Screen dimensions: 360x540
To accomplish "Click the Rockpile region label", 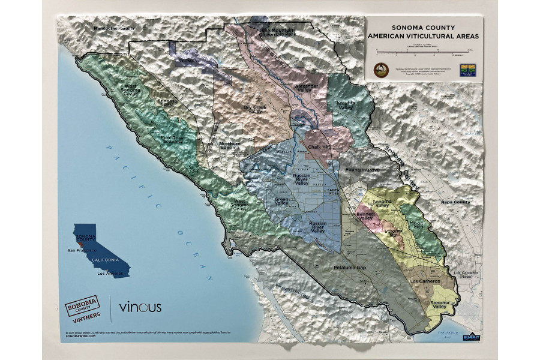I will (x=188, y=61).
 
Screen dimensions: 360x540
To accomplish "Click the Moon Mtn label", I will (x=416, y=225).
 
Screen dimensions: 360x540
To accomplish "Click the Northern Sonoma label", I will (x=229, y=146).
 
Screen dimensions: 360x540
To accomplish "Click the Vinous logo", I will (x=140, y=307).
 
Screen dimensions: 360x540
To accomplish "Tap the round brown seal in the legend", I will (x=381, y=70).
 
